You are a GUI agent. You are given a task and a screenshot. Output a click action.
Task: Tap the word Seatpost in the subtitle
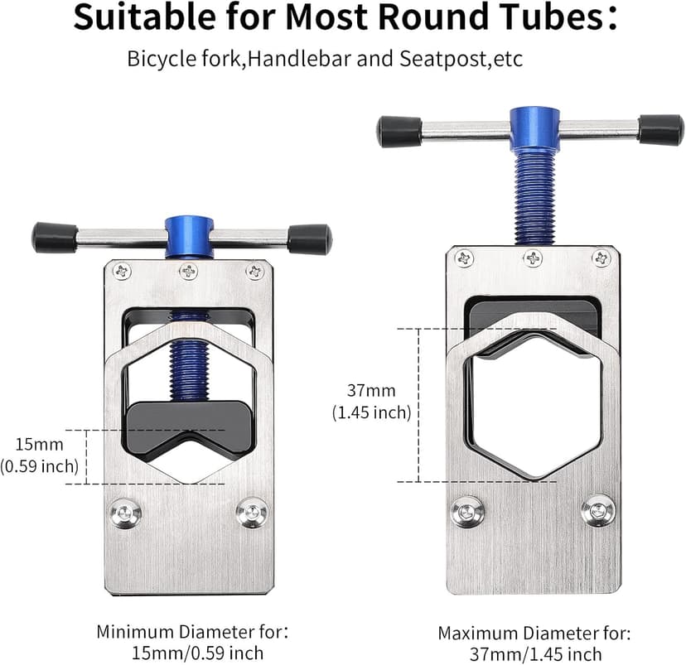click(x=442, y=59)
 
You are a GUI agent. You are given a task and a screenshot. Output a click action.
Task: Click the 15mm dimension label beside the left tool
click(x=40, y=445)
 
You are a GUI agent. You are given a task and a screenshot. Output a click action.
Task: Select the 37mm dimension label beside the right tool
click(x=371, y=390)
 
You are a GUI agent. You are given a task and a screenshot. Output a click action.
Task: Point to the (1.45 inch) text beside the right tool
click(x=371, y=412)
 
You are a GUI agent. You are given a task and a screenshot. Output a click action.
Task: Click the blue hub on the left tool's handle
click(x=189, y=237)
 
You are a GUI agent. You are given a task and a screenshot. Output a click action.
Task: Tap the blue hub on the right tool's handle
click(x=534, y=129)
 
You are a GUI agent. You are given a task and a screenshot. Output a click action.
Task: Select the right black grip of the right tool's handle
click(x=660, y=130)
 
